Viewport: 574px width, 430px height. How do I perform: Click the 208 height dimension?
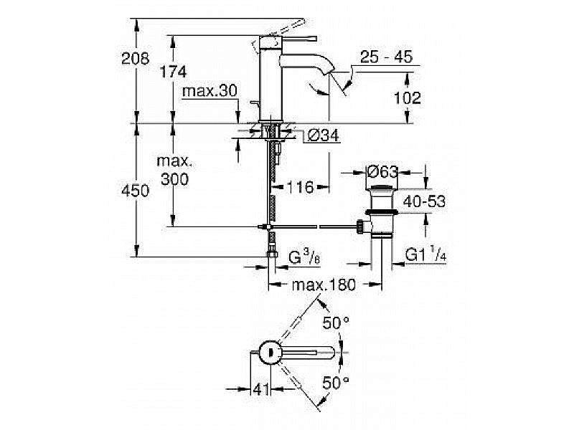[135, 59]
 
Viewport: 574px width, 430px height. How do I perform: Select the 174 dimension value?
[174, 72]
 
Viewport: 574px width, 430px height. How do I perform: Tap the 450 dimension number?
[136, 191]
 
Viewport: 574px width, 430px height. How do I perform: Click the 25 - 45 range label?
[387, 58]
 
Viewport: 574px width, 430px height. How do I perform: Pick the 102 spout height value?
[408, 98]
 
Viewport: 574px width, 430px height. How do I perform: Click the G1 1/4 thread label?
[426, 254]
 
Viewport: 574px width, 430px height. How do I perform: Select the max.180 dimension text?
[324, 285]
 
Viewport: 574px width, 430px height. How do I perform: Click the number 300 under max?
[174, 179]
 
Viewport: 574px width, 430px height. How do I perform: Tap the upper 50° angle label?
[335, 323]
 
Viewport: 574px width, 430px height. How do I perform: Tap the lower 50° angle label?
[335, 382]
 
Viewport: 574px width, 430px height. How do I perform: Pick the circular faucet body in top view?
[269, 352]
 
